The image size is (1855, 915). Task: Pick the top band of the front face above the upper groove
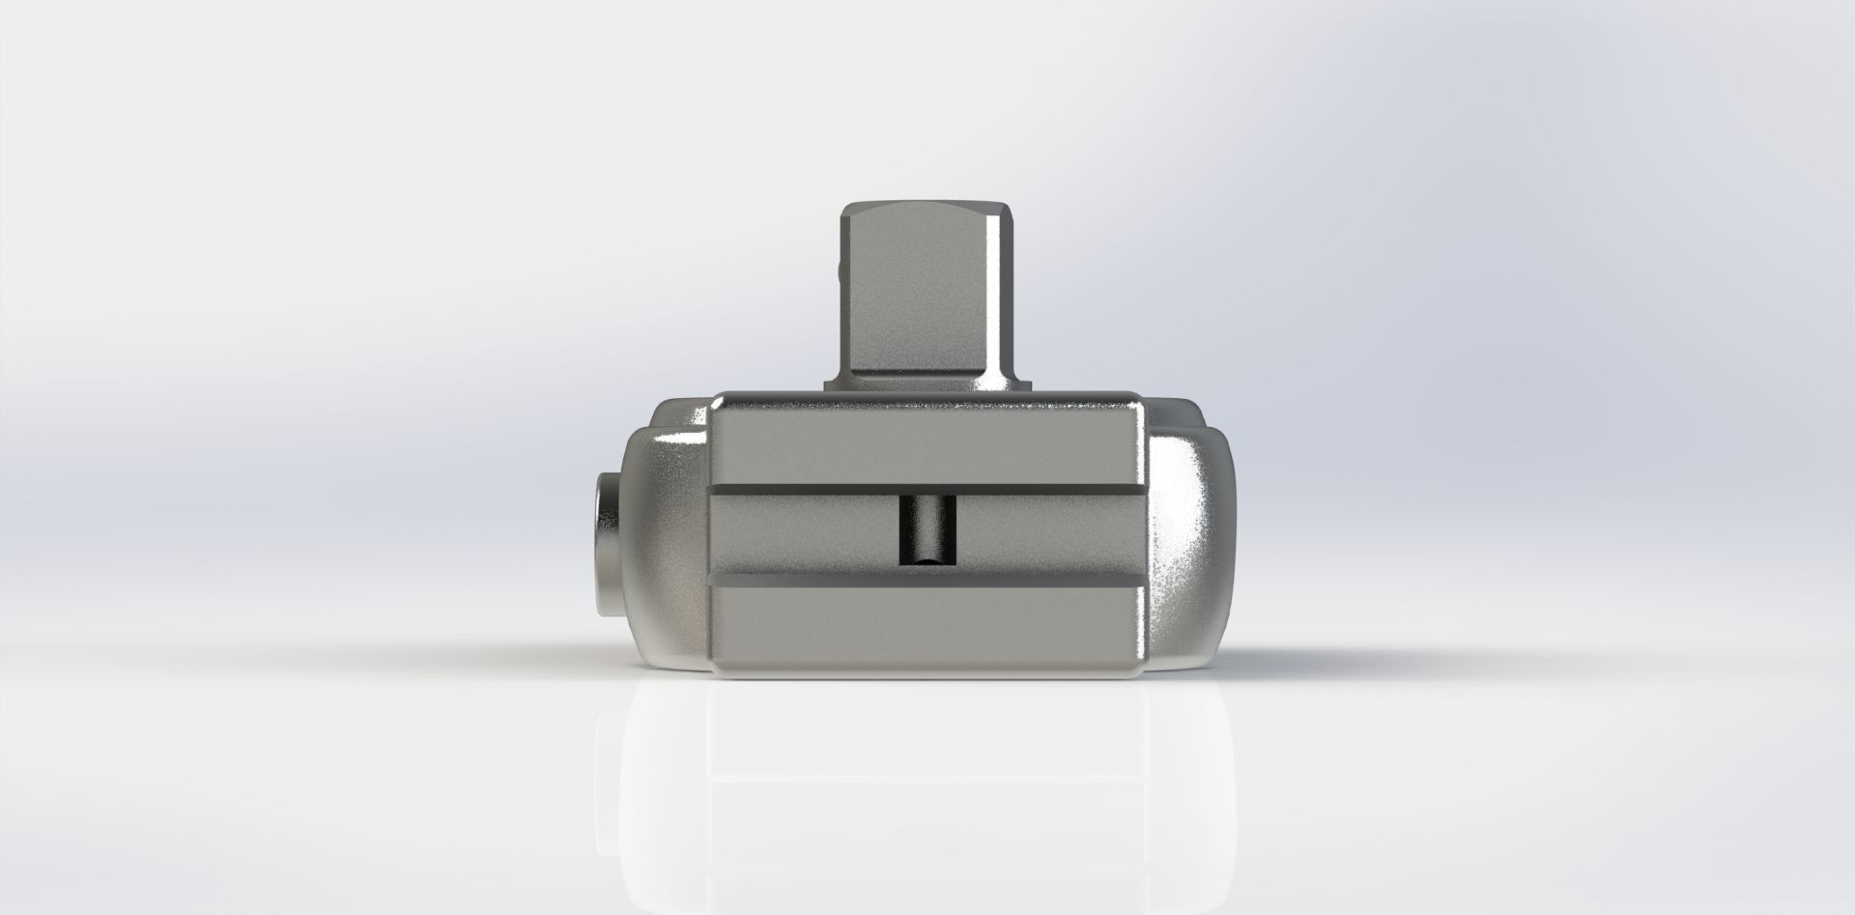pyautogui.click(x=927, y=440)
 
